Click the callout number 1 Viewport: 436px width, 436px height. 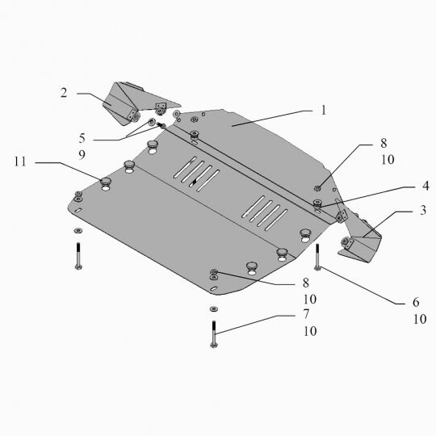323,110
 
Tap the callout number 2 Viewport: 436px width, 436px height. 64,93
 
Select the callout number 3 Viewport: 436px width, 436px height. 423,210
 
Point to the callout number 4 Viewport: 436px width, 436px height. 426,186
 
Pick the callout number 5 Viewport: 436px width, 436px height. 82,138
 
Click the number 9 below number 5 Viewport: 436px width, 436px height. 82,154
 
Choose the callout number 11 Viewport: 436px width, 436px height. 20,161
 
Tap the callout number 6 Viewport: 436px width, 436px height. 416,302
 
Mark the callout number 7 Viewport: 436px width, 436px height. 306,314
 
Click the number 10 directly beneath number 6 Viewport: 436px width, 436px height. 420,319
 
